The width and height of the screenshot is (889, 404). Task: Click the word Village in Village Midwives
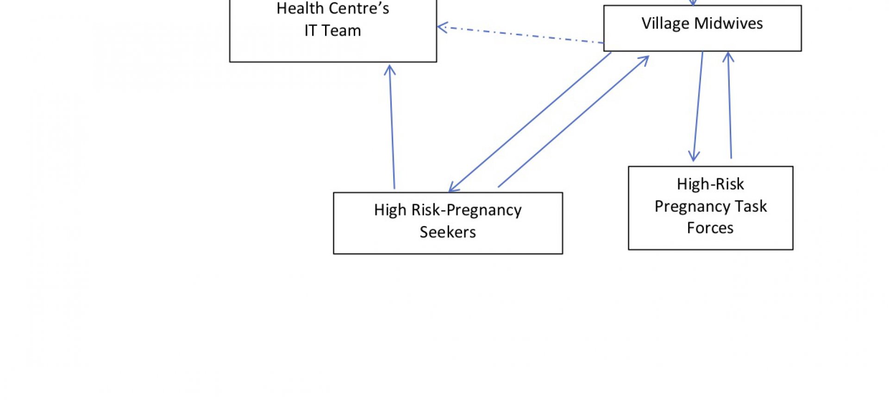665,23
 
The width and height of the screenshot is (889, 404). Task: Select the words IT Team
332,31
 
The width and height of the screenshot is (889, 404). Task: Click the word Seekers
447,232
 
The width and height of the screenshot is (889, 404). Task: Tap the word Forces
710,228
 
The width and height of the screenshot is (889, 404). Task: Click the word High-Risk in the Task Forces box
710,184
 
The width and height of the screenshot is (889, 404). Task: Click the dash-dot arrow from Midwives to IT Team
521,35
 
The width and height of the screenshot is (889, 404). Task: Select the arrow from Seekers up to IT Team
392,127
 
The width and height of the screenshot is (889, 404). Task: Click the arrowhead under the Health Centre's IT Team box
390,69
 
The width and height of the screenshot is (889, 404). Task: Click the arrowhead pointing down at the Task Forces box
694,157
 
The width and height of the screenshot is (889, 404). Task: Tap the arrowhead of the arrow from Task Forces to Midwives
728,57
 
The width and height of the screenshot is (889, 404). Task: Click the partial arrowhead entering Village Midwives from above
693,3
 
